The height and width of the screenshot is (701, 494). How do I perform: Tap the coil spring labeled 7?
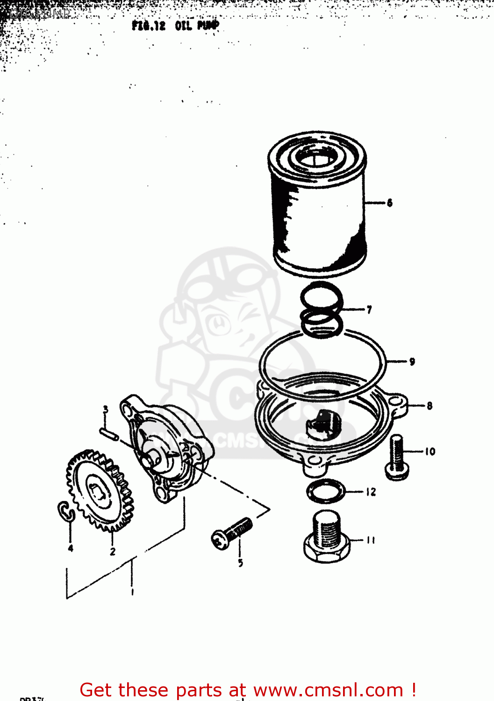(x=322, y=311)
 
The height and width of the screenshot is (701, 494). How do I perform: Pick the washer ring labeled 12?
(x=325, y=491)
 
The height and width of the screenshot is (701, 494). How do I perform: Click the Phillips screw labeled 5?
(x=232, y=533)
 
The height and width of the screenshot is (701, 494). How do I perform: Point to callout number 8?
(x=429, y=406)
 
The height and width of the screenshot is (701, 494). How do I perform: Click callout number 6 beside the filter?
(x=389, y=203)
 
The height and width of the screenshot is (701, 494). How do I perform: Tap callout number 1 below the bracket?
(x=133, y=592)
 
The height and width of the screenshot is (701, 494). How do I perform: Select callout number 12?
(x=371, y=492)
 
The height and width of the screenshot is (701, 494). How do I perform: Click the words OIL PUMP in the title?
(x=197, y=26)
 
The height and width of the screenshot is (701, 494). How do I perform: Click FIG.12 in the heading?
(x=149, y=26)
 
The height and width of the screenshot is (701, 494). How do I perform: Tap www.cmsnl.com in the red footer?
(x=328, y=690)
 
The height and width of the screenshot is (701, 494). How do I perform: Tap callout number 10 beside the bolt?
(x=430, y=451)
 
